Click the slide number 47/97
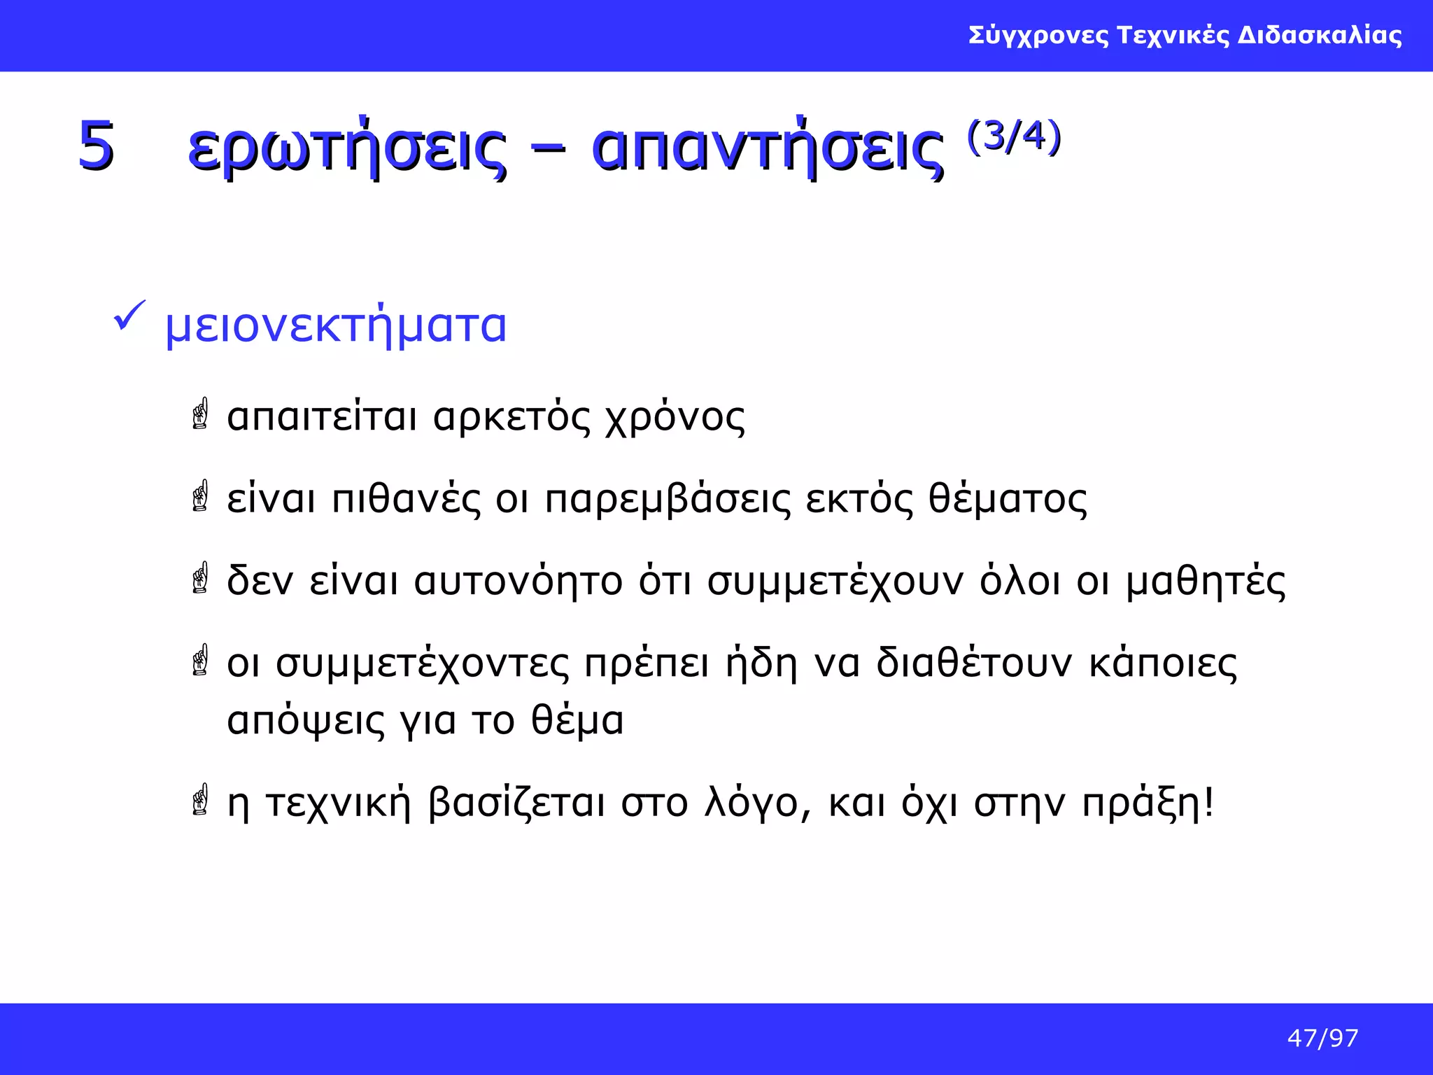point(1322,1038)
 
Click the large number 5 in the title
point(96,146)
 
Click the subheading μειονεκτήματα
point(335,326)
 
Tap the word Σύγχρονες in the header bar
point(1038,35)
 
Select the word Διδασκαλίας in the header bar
point(1320,35)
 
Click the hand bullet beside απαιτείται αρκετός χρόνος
point(201,414)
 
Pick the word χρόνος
point(675,418)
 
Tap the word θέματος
point(1008,500)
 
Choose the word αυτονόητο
point(518,582)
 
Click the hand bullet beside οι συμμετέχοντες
point(201,660)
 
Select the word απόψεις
point(306,721)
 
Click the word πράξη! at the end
point(1148,803)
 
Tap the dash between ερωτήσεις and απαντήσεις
point(549,150)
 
